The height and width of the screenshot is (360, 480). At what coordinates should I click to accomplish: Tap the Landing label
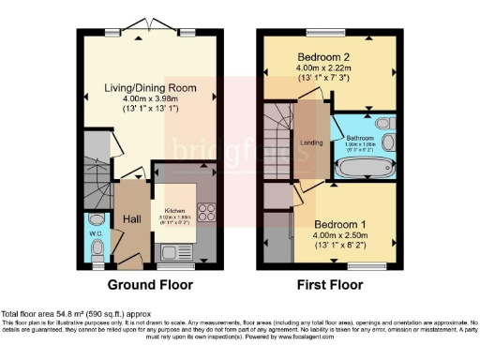[x=311, y=142]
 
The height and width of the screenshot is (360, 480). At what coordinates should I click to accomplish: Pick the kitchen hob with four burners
[x=207, y=211]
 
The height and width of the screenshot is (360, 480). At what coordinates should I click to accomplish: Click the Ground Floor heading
[x=150, y=284]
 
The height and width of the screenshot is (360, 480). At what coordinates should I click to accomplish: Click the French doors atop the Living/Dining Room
[x=150, y=24]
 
